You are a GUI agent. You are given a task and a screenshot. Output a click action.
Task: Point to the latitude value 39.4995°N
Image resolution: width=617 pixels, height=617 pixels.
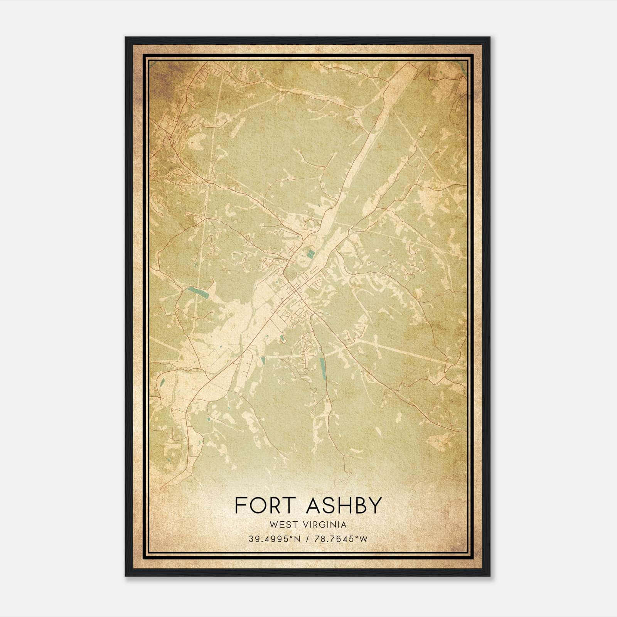(x=274, y=539)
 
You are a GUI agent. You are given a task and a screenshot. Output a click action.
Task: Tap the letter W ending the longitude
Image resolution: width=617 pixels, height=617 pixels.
(x=364, y=539)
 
